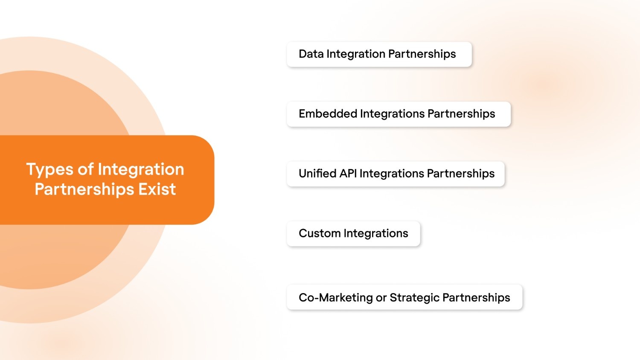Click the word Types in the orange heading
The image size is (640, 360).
pos(49,170)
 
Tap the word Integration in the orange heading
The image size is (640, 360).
pos(141,170)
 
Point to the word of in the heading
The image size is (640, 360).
pos(85,169)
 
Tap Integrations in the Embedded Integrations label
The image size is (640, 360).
pos(392,114)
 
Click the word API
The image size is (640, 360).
pos(348,174)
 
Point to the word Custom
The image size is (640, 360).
pos(320,233)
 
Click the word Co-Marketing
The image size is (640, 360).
pos(335,298)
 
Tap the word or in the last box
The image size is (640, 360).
pos(381,298)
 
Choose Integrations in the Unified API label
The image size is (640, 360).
pos(391,174)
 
